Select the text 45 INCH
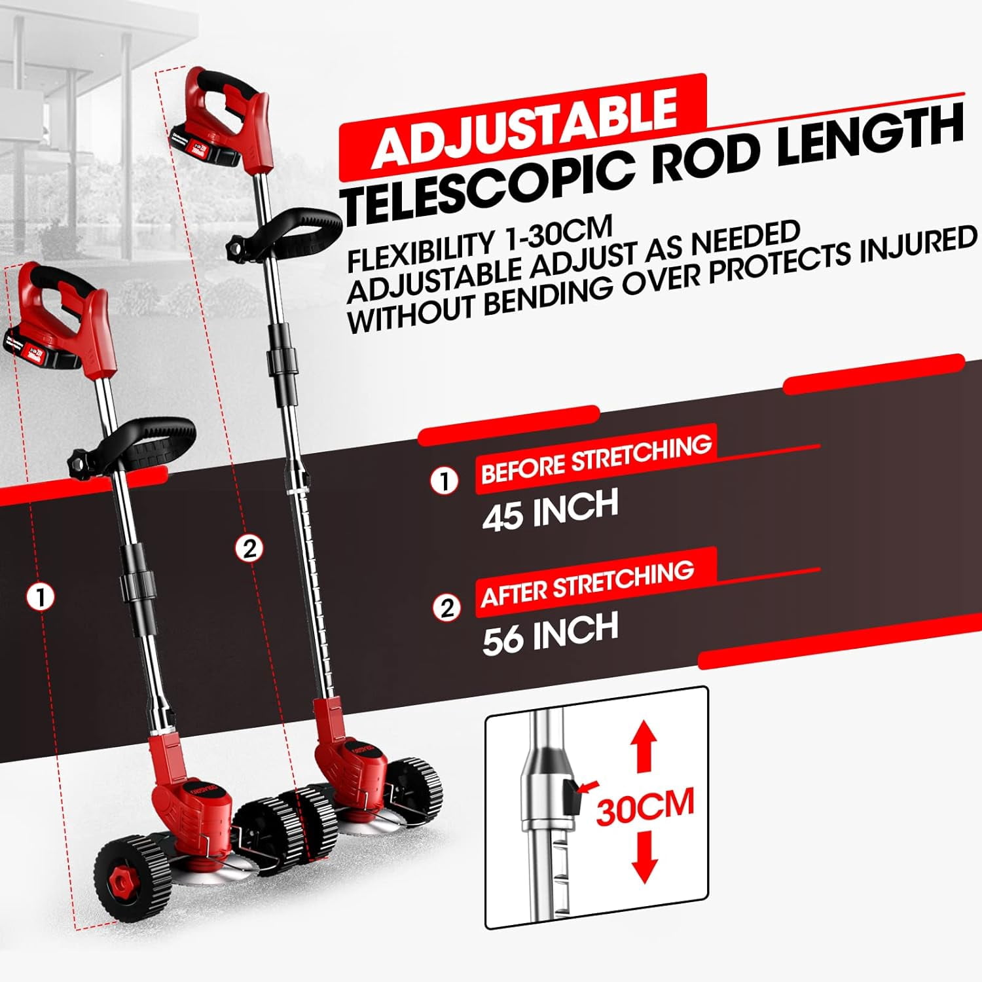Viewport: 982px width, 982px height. point(550,510)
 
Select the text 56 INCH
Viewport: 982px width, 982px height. point(550,633)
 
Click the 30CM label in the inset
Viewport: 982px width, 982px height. point(645,807)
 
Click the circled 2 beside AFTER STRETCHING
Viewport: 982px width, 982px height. point(446,608)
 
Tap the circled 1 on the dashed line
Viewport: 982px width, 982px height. point(41,597)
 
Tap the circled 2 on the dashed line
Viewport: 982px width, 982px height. point(249,548)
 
